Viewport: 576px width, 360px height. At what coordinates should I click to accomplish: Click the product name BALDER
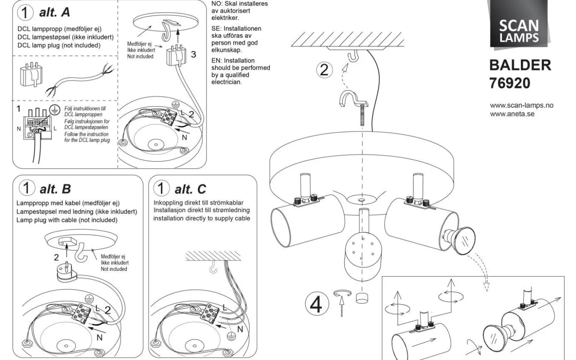[x=520, y=65]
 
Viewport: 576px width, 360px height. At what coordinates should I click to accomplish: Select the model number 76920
[x=510, y=84]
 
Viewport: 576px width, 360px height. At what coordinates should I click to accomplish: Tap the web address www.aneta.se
[x=512, y=114]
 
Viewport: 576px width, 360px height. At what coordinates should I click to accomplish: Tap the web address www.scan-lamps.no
[x=522, y=105]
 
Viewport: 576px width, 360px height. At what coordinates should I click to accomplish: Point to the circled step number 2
[x=324, y=70]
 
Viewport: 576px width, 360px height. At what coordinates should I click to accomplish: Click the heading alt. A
[x=55, y=13]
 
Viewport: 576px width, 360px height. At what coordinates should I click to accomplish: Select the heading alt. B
[x=55, y=189]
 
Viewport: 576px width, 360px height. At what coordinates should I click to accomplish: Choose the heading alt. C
[x=190, y=189]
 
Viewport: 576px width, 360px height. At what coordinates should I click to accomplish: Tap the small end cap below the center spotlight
[x=362, y=298]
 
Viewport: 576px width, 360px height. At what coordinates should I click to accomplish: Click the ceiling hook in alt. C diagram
[x=213, y=268]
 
